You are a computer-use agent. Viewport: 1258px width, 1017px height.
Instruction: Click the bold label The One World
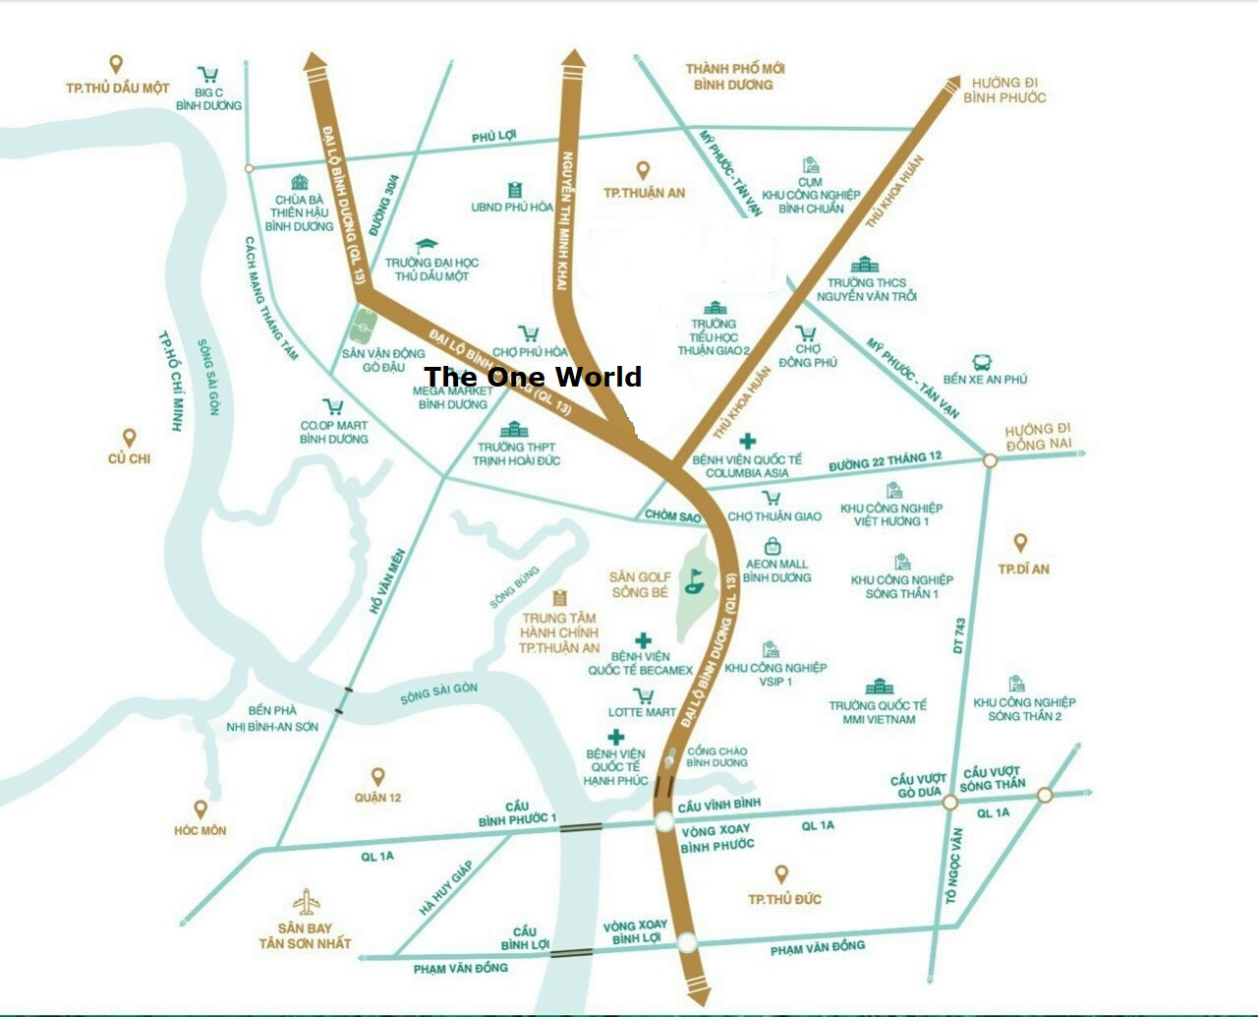click(533, 377)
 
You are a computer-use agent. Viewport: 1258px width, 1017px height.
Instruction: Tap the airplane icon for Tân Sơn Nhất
click(305, 902)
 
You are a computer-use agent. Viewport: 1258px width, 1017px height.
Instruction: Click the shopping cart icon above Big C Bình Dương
click(208, 75)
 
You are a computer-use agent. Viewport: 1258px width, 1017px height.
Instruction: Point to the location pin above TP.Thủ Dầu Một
click(116, 65)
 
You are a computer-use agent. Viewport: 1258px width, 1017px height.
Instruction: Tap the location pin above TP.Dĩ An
click(1020, 543)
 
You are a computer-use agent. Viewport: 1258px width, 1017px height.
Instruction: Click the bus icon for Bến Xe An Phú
click(981, 362)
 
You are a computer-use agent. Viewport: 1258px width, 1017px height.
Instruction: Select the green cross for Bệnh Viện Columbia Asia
click(748, 441)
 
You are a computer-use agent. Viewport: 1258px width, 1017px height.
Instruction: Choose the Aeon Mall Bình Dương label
click(776, 570)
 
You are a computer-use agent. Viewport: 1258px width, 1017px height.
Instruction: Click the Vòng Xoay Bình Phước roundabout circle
click(663, 822)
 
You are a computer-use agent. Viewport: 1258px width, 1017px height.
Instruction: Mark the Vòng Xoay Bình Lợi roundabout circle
click(687, 942)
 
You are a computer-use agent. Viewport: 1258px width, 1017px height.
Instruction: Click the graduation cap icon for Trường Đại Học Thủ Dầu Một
click(427, 245)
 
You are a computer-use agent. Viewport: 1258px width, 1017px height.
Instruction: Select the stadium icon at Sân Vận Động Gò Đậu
click(365, 323)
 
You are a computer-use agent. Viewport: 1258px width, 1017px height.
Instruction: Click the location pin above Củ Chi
click(129, 438)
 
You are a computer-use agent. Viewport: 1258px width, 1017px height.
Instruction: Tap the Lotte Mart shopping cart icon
click(644, 696)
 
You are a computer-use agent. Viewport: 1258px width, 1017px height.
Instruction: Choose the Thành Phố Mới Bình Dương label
click(735, 77)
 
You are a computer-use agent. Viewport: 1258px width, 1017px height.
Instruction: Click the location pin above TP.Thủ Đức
click(781, 873)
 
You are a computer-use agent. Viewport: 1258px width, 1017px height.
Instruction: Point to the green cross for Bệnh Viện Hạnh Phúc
click(616, 737)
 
